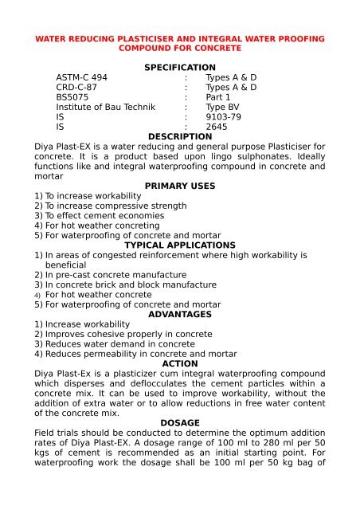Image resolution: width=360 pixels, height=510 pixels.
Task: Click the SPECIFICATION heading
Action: pyautogui.click(x=179, y=67)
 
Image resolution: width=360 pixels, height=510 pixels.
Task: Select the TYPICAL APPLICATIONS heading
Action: pyautogui.click(x=180, y=245)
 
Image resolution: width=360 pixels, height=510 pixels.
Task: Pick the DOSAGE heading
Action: pyautogui.click(x=180, y=423)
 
